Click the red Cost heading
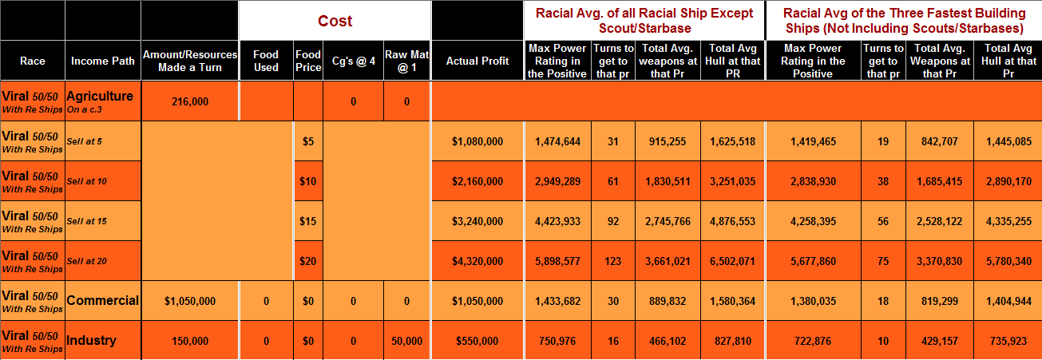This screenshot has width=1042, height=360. coord(335,21)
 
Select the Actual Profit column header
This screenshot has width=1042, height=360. coord(477,61)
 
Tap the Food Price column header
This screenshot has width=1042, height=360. coord(308,61)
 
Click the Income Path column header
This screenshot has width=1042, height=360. coord(102,61)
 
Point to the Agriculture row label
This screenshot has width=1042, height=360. coord(100,96)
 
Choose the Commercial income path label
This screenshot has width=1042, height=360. coord(103,301)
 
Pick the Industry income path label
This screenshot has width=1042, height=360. coord(92,341)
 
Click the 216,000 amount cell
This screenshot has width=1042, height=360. coord(189,101)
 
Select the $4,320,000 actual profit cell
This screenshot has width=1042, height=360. coord(477,261)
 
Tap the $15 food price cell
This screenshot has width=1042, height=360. coord(308,221)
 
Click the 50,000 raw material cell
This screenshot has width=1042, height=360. coord(407,341)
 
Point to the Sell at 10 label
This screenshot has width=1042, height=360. coord(87,181)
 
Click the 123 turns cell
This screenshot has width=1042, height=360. coord(613,261)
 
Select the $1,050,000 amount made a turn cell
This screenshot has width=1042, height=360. coord(189,301)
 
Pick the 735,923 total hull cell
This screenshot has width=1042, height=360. coord(1008,341)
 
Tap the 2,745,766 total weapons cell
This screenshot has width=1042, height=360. coord(668,221)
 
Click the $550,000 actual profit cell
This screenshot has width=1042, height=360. coord(477,341)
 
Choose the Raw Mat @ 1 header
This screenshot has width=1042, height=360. coord(407,61)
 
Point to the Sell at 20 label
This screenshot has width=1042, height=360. coord(87,261)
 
